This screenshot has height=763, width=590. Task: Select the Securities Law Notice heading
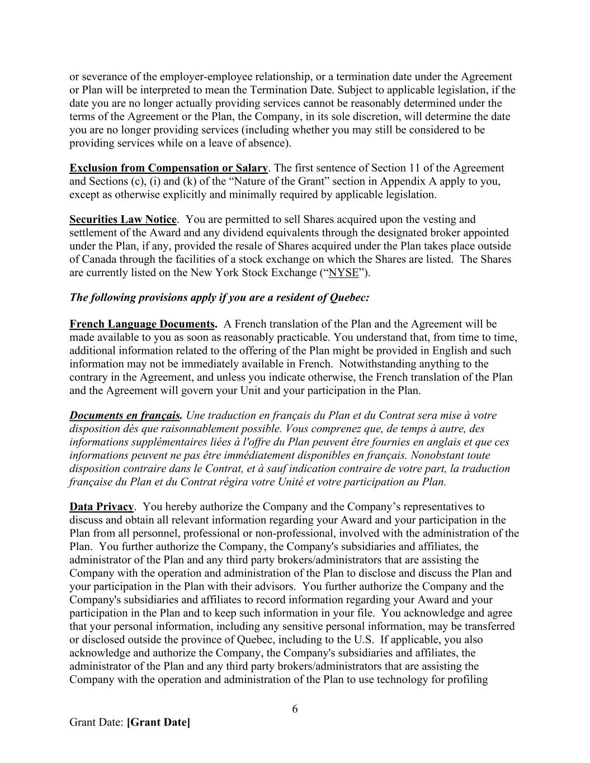(122, 219)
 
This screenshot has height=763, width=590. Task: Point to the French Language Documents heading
(142, 324)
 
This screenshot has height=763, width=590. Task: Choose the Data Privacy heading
(101, 507)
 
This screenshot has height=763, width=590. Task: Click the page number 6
(295, 709)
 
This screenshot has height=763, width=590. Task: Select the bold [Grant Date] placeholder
(158, 722)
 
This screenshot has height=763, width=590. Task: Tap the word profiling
(470, 680)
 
